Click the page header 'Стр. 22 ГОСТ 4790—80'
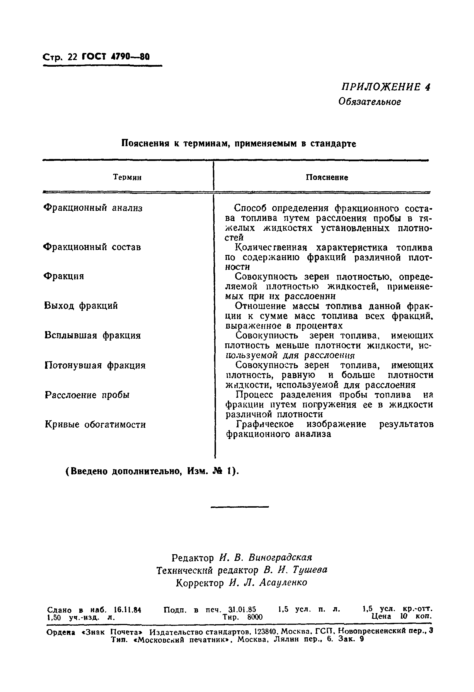click(96, 57)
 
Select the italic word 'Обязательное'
click(370, 102)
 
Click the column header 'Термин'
click(127, 177)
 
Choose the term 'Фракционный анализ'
click(93, 208)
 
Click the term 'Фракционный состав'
click(92, 247)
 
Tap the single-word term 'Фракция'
click(64, 276)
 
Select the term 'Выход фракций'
click(81, 306)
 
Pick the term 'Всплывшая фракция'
click(93, 336)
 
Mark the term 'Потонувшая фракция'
click(95, 365)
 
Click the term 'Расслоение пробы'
click(87, 395)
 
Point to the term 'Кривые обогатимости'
click(95, 424)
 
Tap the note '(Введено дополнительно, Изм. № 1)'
click(152, 471)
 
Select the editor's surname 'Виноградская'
click(280, 557)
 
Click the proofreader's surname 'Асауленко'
click(283, 582)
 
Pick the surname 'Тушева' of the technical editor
click(310, 570)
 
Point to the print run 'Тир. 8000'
click(242, 617)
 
